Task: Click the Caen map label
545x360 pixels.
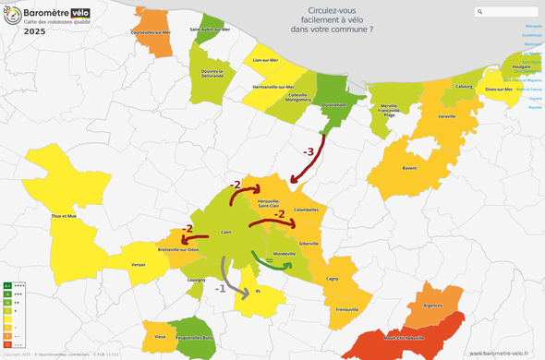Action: tap(225, 233)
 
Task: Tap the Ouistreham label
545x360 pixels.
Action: tap(333, 105)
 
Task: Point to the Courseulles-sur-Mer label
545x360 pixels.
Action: tap(151, 32)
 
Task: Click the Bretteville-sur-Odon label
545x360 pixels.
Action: tap(178, 249)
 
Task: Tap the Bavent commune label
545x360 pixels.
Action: tap(408, 168)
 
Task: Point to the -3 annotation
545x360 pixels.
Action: tap(309, 151)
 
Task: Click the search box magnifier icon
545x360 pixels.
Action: tap(480, 12)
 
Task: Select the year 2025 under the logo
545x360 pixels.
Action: tap(36, 30)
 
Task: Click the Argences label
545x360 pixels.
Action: tap(431, 306)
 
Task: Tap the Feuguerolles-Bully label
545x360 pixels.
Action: tap(196, 339)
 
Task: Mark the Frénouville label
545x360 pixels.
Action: tap(347, 309)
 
